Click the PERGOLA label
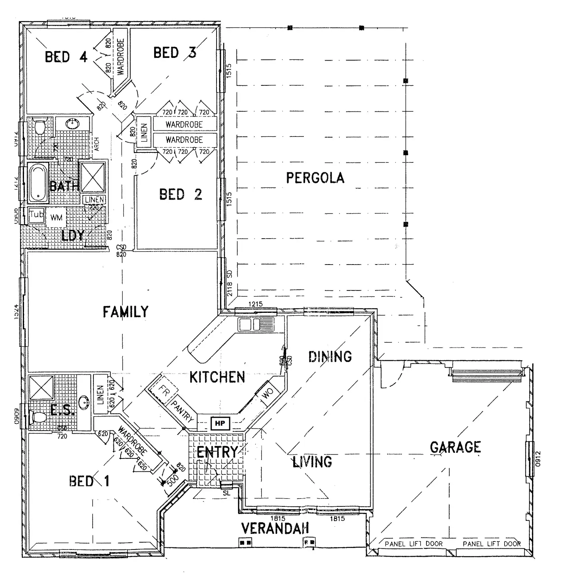pyautogui.click(x=315, y=178)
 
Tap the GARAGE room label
pyautogui.click(x=455, y=447)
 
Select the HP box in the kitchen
pyautogui.click(x=220, y=423)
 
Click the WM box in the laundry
pyautogui.click(x=56, y=218)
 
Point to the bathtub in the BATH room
pyautogui.click(x=38, y=182)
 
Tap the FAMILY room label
pyautogui.click(x=125, y=312)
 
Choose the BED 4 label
pyautogui.click(x=66, y=57)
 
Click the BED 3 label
pyautogui.click(x=175, y=53)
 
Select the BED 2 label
pyautogui.click(x=181, y=195)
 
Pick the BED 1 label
pyautogui.click(x=89, y=481)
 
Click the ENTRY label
pyautogui.click(x=217, y=453)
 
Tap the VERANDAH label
pyautogui.click(x=275, y=529)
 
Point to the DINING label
pyautogui.click(x=330, y=356)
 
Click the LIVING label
pyautogui.click(x=312, y=462)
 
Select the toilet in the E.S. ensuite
pyautogui.click(x=38, y=418)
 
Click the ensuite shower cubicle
pyautogui.click(x=41, y=387)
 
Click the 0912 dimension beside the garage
pyautogui.click(x=538, y=459)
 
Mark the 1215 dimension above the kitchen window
pyautogui.click(x=256, y=304)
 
